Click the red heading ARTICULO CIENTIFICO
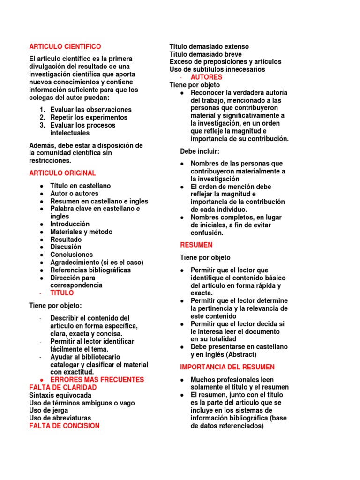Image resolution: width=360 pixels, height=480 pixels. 65,47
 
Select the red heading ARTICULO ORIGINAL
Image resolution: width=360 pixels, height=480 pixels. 62,173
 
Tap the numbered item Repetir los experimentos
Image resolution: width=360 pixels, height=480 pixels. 89,118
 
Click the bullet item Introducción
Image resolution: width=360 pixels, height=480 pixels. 70,224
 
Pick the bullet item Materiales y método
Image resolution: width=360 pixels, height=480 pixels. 81,232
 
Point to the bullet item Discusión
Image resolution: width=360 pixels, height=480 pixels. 66,247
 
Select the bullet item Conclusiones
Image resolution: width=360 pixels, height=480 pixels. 72,255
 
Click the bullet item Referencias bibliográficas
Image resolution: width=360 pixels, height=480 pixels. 90,270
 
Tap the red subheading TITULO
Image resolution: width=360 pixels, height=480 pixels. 62,293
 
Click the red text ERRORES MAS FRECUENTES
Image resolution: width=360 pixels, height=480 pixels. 97,380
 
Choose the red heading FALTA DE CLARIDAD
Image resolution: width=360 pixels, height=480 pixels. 63,388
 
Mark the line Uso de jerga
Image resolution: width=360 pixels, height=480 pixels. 48,410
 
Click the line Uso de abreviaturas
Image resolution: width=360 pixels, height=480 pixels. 60,418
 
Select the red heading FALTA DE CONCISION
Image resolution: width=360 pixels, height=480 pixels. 64,426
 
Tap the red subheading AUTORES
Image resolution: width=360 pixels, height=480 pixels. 206,77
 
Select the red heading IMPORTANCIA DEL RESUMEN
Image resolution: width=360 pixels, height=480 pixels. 227,367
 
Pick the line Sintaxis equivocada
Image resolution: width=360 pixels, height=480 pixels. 60,395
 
